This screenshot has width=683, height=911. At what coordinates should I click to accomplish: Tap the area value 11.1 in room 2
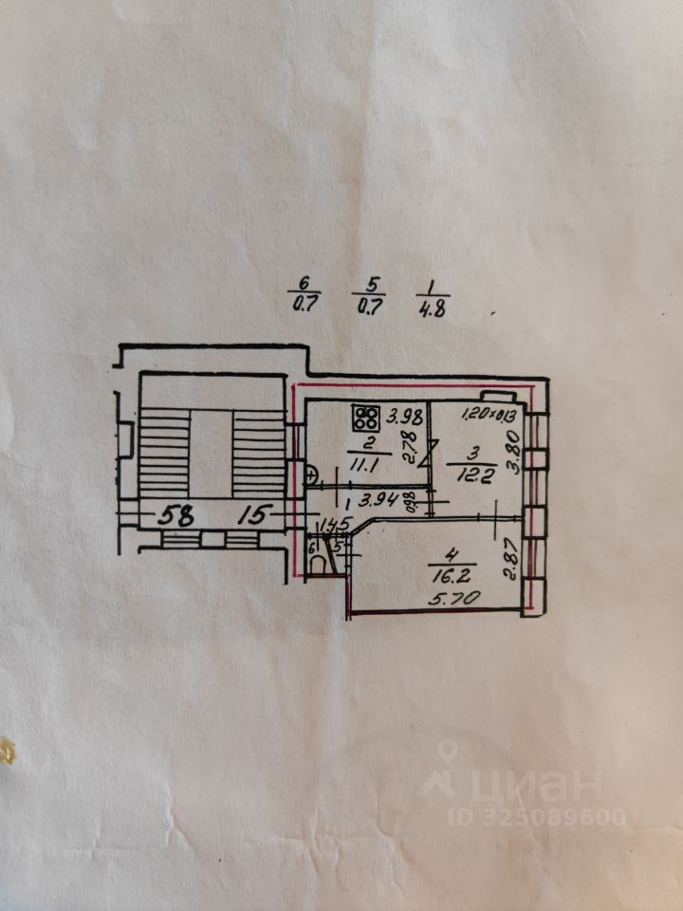[x=359, y=462]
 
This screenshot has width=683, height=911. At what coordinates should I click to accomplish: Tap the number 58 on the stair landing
[x=176, y=516]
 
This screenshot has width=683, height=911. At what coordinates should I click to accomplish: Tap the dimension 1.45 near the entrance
[x=336, y=525]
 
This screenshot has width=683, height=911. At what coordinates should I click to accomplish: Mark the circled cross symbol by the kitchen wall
[x=311, y=475]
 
